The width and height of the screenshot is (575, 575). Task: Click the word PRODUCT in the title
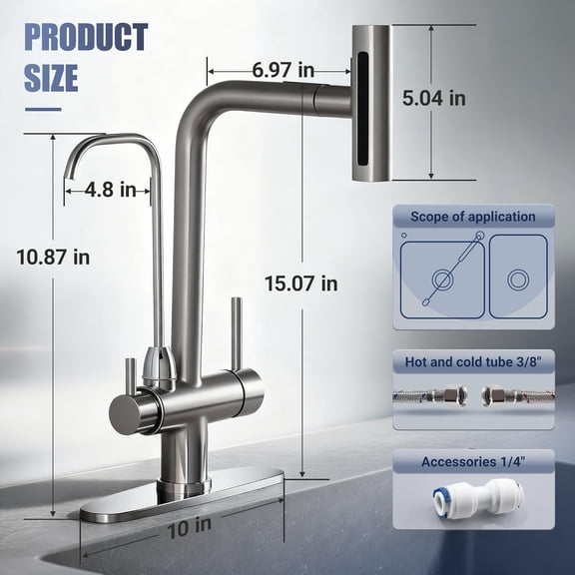click(x=86, y=38)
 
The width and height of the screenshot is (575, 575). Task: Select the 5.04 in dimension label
click(x=433, y=98)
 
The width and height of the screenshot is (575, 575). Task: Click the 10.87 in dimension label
click(x=53, y=257)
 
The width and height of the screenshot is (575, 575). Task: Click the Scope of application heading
click(x=472, y=217)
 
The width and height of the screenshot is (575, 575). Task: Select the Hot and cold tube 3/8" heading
click(x=472, y=361)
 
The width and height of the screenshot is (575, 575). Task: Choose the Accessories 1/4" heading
click(x=472, y=461)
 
